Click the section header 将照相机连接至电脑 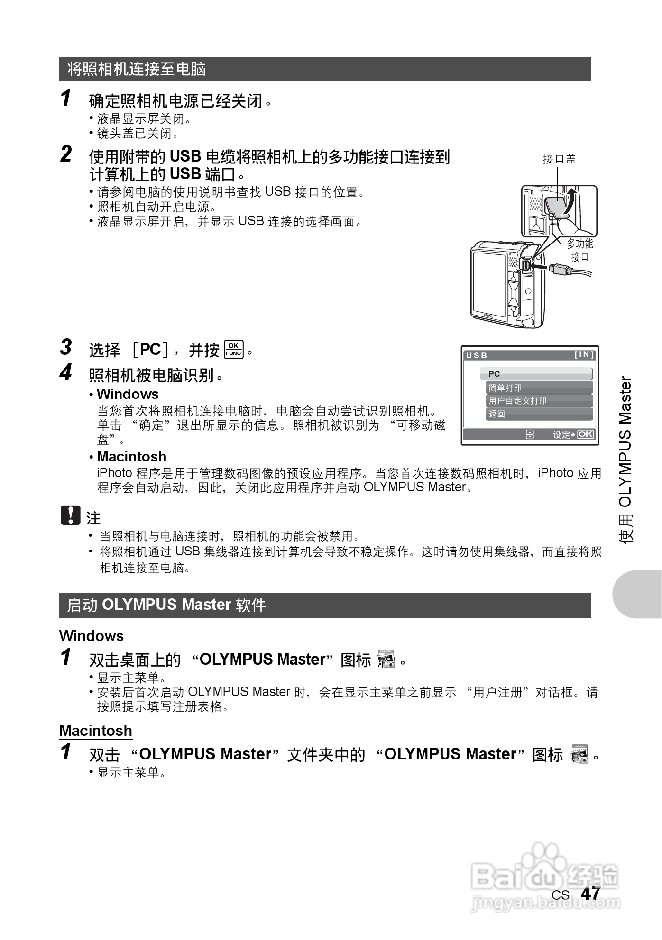[137, 69]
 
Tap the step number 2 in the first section [66, 154]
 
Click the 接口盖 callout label [559, 159]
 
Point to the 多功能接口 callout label [579, 250]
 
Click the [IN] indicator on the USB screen [584, 354]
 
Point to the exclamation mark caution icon [70, 515]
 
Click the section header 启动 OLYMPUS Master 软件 [166, 605]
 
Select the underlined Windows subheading [92, 636]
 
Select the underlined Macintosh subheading [96, 731]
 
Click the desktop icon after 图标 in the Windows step [385, 659]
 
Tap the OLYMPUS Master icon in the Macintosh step [579, 754]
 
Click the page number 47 [590, 894]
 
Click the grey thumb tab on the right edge [638, 594]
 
